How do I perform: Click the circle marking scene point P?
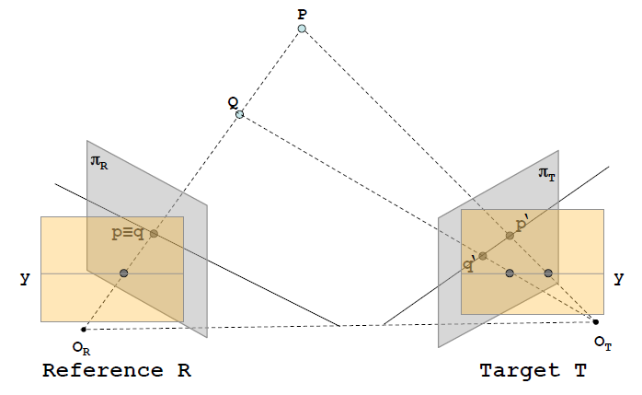coord(302,29)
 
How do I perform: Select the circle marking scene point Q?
coord(239,114)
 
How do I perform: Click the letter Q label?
coord(234,101)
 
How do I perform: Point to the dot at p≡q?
coord(154,234)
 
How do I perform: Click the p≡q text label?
coord(128,234)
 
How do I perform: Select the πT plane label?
coord(547,172)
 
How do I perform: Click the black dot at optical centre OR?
coord(84,329)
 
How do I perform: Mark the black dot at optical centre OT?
coord(596,321)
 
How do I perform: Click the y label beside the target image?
coord(618,277)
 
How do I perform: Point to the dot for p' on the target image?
coord(509,236)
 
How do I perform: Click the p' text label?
coord(521,224)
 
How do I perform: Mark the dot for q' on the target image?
coord(483,255)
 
